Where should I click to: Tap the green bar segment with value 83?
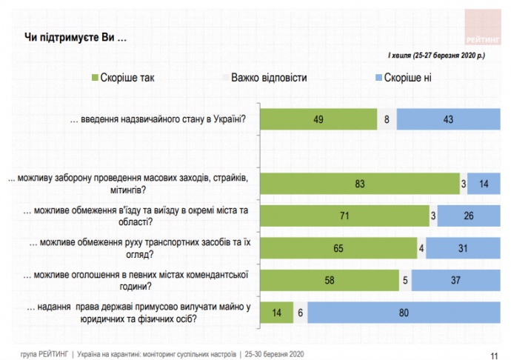(x=360, y=183)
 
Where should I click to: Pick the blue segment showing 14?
(x=483, y=183)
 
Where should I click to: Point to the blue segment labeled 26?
(x=468, y=216)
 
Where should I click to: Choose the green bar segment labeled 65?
(x=338, y=248)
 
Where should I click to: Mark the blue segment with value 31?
(x=462, y=248)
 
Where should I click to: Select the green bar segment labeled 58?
(x=329, y=281)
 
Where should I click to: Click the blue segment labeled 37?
(x=455, y=281)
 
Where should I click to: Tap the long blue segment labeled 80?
(x=404, y=313)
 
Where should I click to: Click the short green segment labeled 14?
(x=276, y=313)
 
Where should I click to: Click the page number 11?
(x=494, y=353)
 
